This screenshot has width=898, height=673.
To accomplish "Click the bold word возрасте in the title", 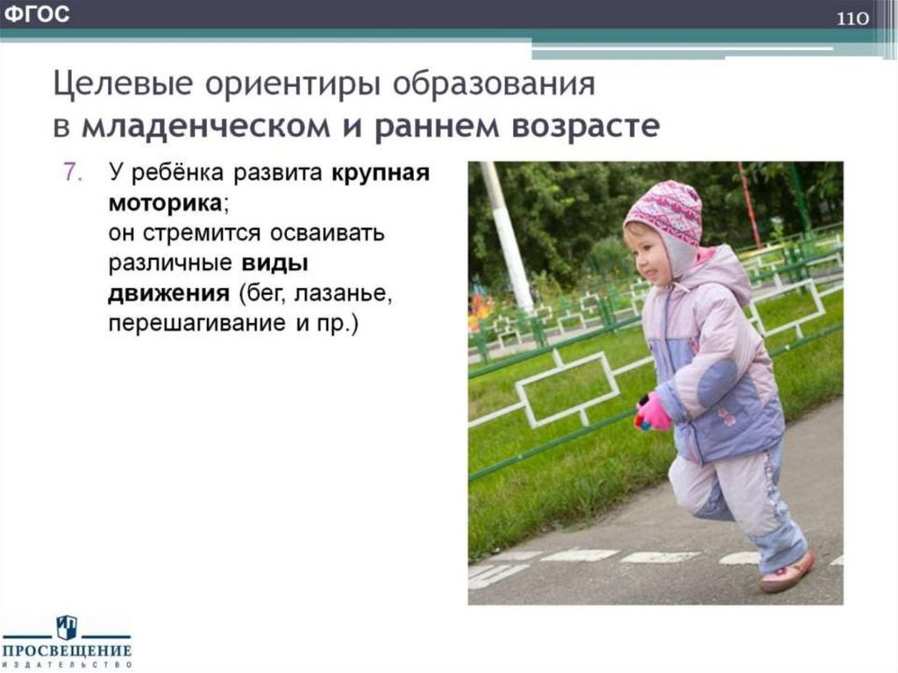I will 584,127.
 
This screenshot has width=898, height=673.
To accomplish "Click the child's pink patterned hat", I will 664,211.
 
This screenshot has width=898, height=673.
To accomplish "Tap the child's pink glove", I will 653,412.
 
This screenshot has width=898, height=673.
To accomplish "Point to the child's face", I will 645,254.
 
